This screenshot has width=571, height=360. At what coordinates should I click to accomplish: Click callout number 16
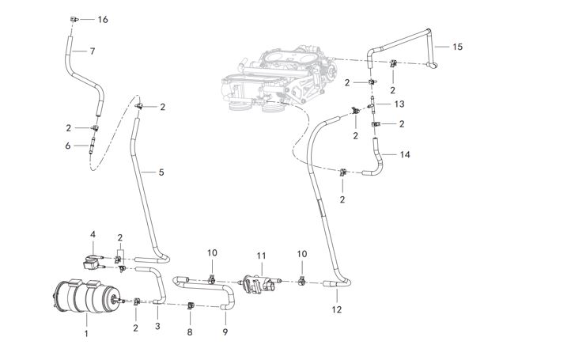tap(103, 19)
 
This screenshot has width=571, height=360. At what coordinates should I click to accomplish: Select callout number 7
tap(93, 51)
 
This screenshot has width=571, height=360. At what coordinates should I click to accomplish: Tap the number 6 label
tap(68, 146)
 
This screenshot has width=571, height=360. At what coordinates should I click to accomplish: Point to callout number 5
tap(161, 172)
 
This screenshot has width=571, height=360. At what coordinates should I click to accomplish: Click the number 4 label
tap(93, 234)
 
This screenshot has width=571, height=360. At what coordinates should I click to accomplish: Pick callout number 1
tap(86, 333)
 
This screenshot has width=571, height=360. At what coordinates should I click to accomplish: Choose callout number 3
tap(157, 326)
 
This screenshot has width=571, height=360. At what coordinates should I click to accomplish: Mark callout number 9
tap(225, 332)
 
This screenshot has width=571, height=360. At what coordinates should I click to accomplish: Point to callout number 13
tap(399, 104)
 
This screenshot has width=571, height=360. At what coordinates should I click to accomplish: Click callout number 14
tap(404, 154)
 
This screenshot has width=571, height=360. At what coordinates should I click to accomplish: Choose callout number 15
tap(457, 47)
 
